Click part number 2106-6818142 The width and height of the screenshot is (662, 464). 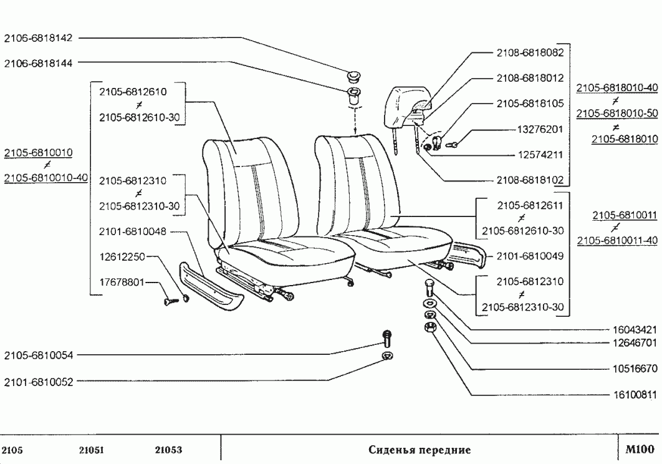pyautogui.click(x=39, y=37)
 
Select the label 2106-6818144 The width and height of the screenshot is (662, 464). pyautogui.click(x=39, y=62)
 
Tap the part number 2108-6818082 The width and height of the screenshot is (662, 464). pyautogui.click(x=530, y=53)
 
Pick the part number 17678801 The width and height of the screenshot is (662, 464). pyautogui.click(x=122, y=282)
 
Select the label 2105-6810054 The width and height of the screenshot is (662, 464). pyautogui.click(x=39, y=355)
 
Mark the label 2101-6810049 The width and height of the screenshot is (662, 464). pyautogui.click(x=530, y=256)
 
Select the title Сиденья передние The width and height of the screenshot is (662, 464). pyautogui.click(x=420, y=450)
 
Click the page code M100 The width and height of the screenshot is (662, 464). pyautogui.click(x=639, y=450)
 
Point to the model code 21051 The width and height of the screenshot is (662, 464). pyautogui.click(x=92, y=450)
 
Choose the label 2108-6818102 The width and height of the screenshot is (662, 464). pyautogui.click(x=530, y=181)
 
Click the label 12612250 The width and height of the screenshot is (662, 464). pyautogui.click(x=122, y=256)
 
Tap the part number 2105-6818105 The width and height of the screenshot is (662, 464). pyautogui.click(x=530, y=104)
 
